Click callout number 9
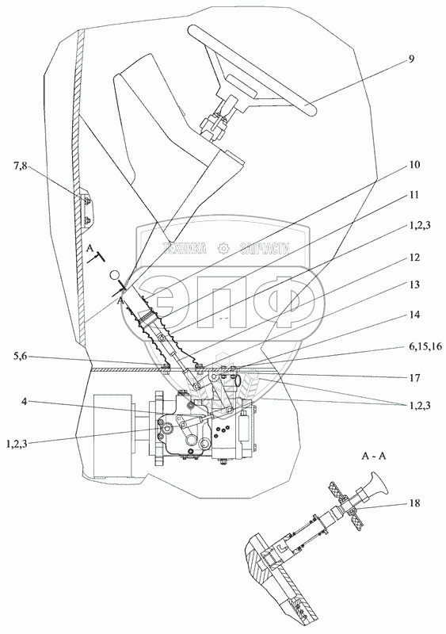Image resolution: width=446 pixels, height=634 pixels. (410, 59)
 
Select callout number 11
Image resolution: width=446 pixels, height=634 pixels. (414, 195)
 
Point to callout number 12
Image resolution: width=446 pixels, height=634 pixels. (414, 258)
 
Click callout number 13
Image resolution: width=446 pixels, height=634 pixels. (414, 285)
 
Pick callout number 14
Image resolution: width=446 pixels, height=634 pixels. (414, 315)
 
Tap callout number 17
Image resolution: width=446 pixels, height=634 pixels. (414, 378)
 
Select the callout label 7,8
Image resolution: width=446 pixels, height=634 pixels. (20, 166)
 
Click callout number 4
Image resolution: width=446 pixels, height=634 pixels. (25, 403)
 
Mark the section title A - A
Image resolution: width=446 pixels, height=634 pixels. (374, 456)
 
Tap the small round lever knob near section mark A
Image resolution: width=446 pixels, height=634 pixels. (115, 275)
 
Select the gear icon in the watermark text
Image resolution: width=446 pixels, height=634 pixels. (223, 248)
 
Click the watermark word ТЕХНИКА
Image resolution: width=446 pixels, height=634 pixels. (185, 248)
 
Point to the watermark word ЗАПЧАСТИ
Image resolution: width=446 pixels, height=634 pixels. (265, 248)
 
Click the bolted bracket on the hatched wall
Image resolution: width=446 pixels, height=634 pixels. (87, 210)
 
